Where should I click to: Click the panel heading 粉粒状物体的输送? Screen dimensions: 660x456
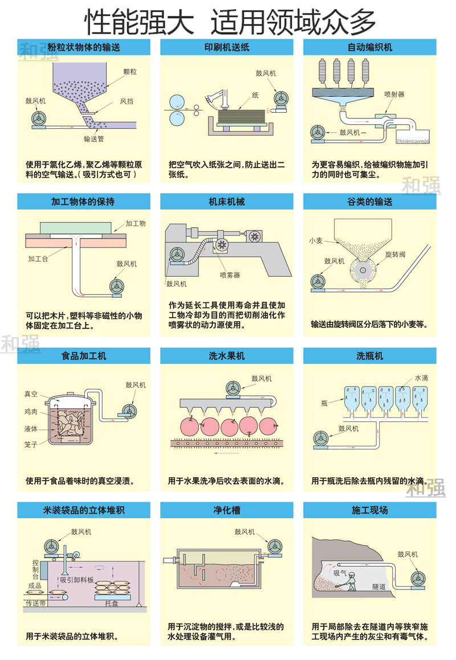pos(84,47)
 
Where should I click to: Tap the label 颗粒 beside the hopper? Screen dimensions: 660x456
pos(130,72)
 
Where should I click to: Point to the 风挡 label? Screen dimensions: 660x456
pos(127,101)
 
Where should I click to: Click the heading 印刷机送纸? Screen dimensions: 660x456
pos(227,47)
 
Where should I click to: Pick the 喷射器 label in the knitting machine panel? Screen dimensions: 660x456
pos(394,95)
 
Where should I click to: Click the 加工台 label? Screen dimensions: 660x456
pos(38,259)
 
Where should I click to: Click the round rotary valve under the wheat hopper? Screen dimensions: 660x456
pos(363,269)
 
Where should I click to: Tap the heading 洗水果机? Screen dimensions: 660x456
pos(227,356)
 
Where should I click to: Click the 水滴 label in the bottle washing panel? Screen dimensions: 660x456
pos(421,378)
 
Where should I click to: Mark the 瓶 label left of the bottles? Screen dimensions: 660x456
pos(324,403)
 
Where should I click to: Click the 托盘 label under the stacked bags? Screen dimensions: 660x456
pos(112,604)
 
